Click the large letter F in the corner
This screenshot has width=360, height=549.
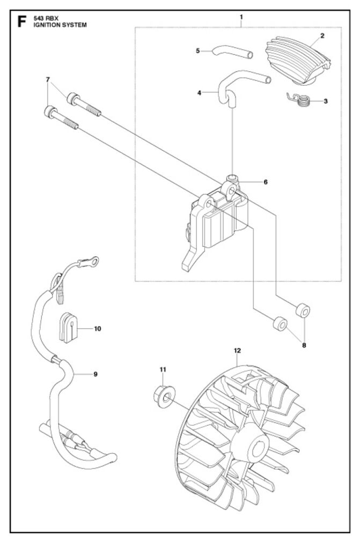tap(22, 22)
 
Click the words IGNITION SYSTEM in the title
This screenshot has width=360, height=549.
tap(60, 25)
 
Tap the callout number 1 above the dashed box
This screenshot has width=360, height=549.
tap(241, 17)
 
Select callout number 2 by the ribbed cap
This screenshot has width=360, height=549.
tap(322, 35)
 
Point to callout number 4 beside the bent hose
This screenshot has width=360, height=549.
tap(199, 93)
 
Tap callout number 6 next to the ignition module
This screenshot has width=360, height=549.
tap(266, 182)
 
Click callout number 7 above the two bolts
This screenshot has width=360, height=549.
tap(48, 79)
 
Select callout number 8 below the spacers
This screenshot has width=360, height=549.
tap(304, 345)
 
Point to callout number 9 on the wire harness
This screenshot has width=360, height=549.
tap(95, 374)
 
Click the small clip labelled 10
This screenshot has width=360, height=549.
tap(68, 328)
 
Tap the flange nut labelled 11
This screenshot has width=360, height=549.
tap(164, 396)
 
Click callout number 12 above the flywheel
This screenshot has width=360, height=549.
tap(237, 351)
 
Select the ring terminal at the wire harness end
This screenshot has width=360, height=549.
tap(92, 261)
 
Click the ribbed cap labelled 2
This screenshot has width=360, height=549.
tap(298, 60)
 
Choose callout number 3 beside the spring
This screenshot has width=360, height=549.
tap(326, 101)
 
